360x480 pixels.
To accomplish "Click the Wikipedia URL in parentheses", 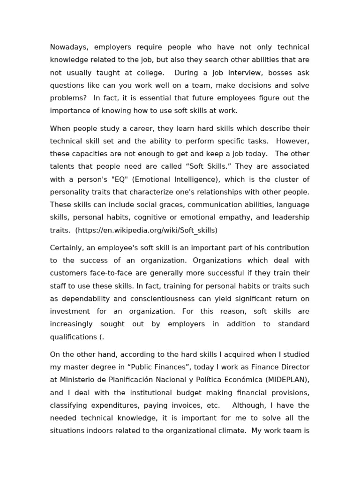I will coord(146,230).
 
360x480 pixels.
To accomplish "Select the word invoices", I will coord(179,405).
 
